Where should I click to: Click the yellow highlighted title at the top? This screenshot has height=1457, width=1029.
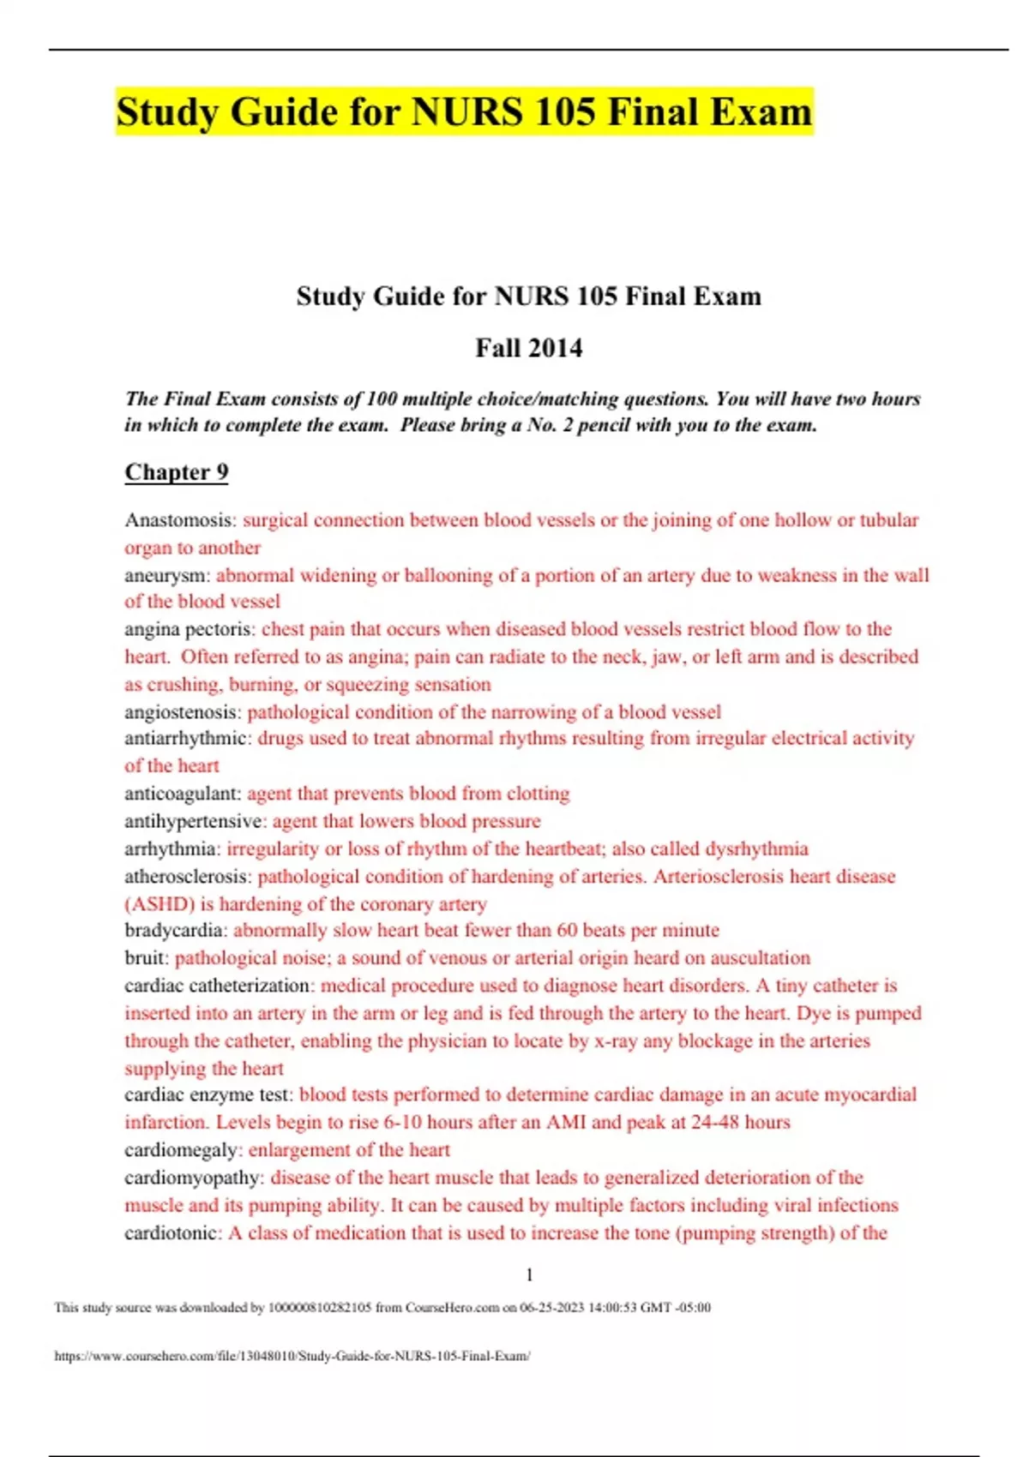point(464,112)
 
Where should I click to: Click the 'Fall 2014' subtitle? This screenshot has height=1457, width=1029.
point(528,348)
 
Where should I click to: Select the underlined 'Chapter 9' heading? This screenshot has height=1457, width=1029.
point(177,472)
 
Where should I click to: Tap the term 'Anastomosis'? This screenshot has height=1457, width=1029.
point(179,520)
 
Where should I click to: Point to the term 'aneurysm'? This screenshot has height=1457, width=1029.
point(165,575)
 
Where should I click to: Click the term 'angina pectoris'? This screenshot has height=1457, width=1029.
point(189,629)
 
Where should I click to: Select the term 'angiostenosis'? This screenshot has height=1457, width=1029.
point(182,711)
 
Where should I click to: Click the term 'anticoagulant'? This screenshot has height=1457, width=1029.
point(182,794)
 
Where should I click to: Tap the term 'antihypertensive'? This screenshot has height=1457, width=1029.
point(194,821)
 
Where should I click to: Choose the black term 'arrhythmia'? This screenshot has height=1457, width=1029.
point(171,848)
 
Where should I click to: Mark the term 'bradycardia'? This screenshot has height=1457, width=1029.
point(175,930)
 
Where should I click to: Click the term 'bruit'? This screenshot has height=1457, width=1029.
point(145,957)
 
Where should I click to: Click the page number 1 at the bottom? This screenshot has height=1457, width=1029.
point(529,1275)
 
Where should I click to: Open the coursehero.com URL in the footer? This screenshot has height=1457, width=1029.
point(292,1356)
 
